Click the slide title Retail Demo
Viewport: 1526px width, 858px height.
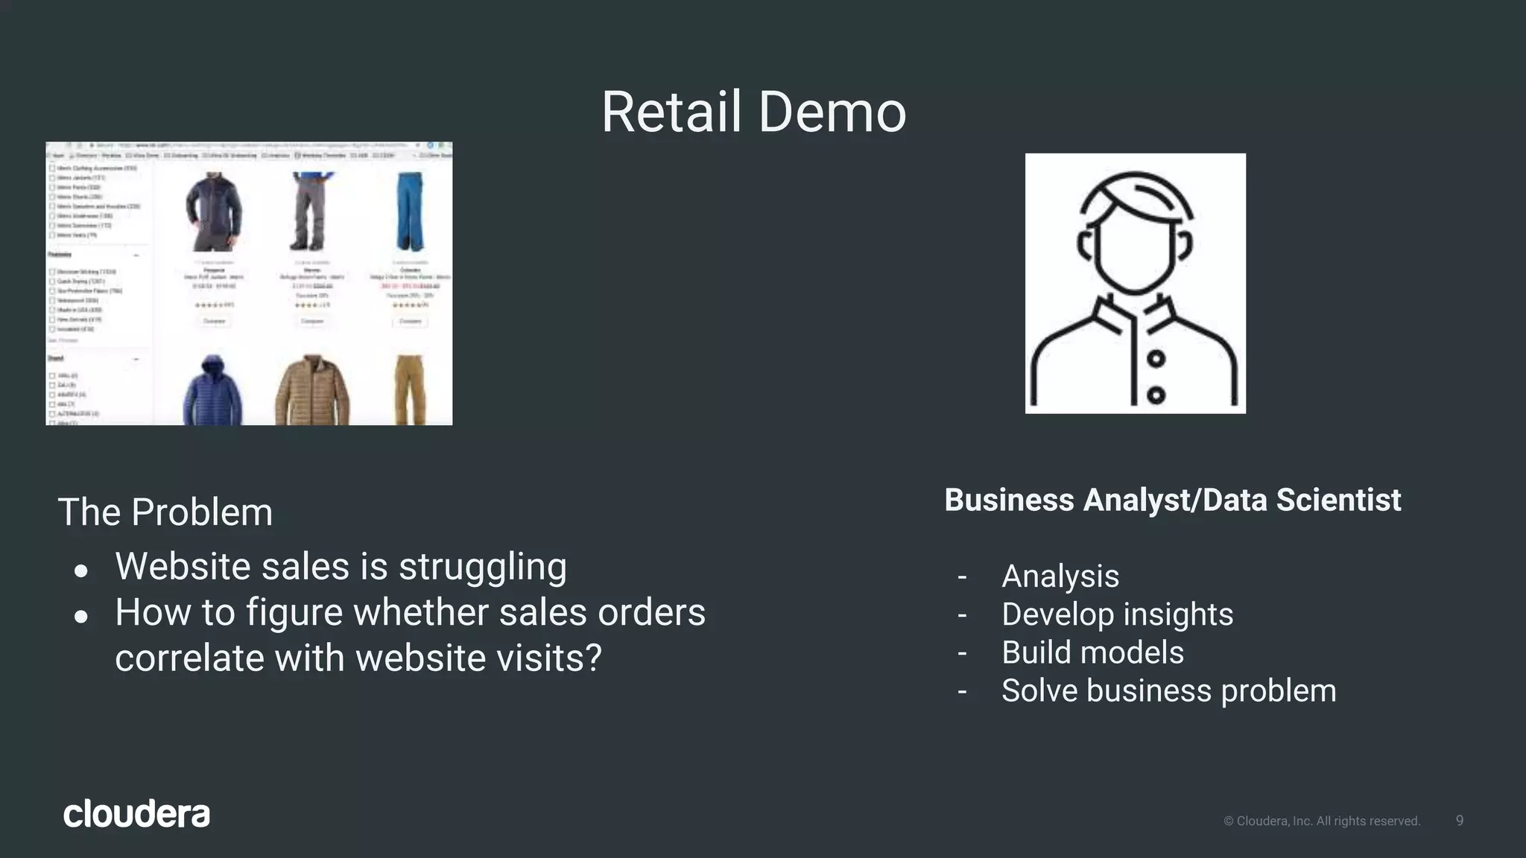(753, 112)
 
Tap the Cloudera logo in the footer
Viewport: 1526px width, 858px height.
(136, 813)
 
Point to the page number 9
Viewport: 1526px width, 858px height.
(1459, 820)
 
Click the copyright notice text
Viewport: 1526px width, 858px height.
(1322, 821)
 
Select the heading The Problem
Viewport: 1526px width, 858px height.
(165, 512)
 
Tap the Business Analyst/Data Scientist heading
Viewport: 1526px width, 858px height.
(1172, 500)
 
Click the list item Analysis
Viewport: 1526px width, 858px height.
(1060, 576)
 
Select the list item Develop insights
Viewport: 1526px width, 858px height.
(1117, 614)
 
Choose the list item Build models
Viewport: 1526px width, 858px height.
(1092, 652)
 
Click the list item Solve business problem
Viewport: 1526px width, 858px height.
(1168, 690)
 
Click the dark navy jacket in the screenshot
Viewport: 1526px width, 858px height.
(214, 212)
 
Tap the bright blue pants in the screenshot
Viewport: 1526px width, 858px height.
(410, 212)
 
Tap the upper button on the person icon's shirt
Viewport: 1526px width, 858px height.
(1156, 359)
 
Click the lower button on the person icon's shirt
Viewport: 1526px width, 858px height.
(1156, 395)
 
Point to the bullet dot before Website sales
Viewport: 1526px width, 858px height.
(81, 571)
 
